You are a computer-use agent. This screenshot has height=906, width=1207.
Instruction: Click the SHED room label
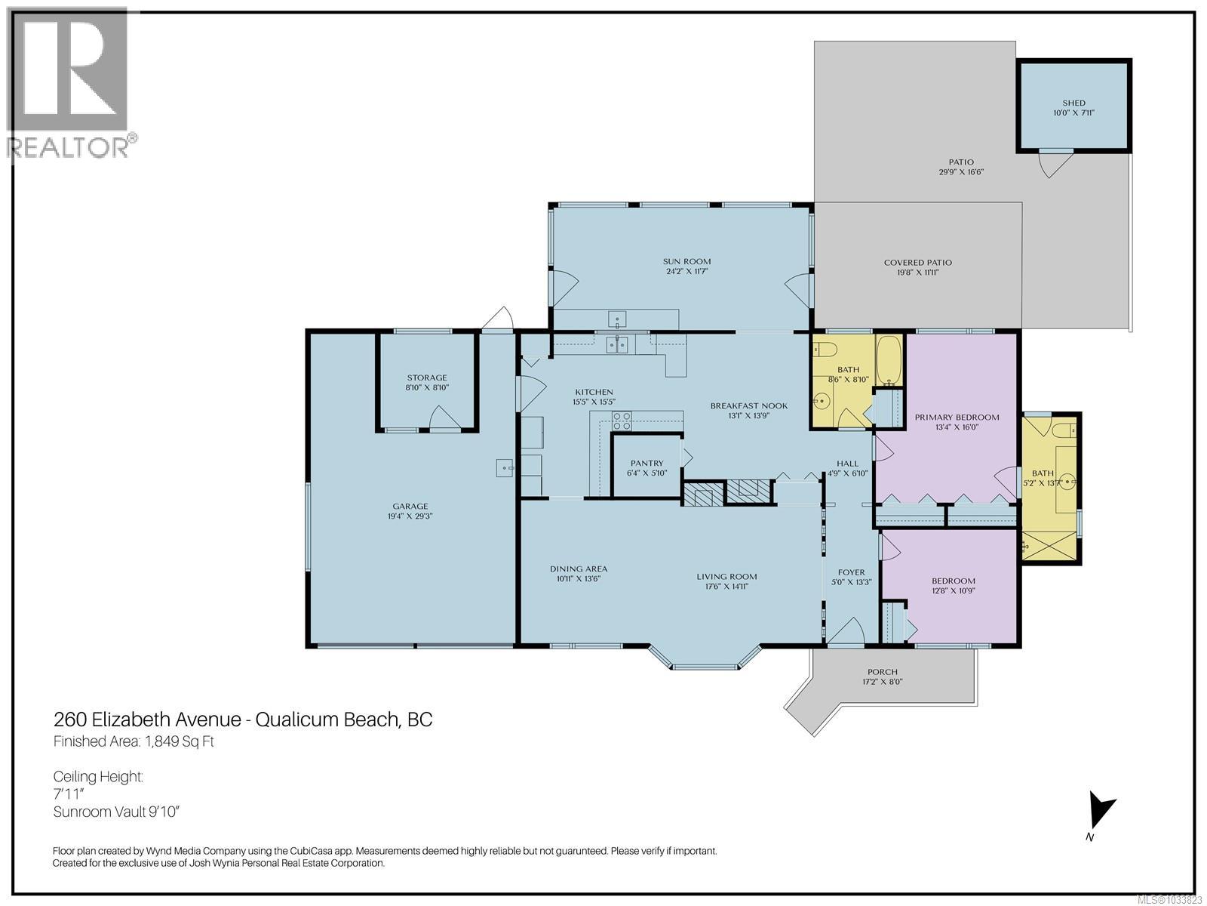click(1073, 103)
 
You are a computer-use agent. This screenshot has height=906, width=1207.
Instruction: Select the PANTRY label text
click(646, 463)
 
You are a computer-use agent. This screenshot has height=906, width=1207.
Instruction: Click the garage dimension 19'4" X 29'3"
click(410, 516)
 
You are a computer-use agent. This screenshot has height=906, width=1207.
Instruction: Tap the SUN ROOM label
click(686, 261)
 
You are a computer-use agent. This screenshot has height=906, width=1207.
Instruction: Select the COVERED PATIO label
click(917, 263)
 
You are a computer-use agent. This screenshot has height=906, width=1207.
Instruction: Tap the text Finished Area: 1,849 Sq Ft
click(134, 741)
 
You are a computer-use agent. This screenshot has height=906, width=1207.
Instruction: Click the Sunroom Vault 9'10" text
click(117, 812)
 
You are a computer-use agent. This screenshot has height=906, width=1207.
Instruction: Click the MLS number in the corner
click(1169, 899)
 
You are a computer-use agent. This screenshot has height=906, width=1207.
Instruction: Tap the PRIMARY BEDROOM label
click(957, 417)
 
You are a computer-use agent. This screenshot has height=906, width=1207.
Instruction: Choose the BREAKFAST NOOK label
click(748, 405)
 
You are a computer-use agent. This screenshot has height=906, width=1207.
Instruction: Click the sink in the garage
click(504, 468)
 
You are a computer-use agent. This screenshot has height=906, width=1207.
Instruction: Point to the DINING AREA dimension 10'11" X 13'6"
click(578, 578)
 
